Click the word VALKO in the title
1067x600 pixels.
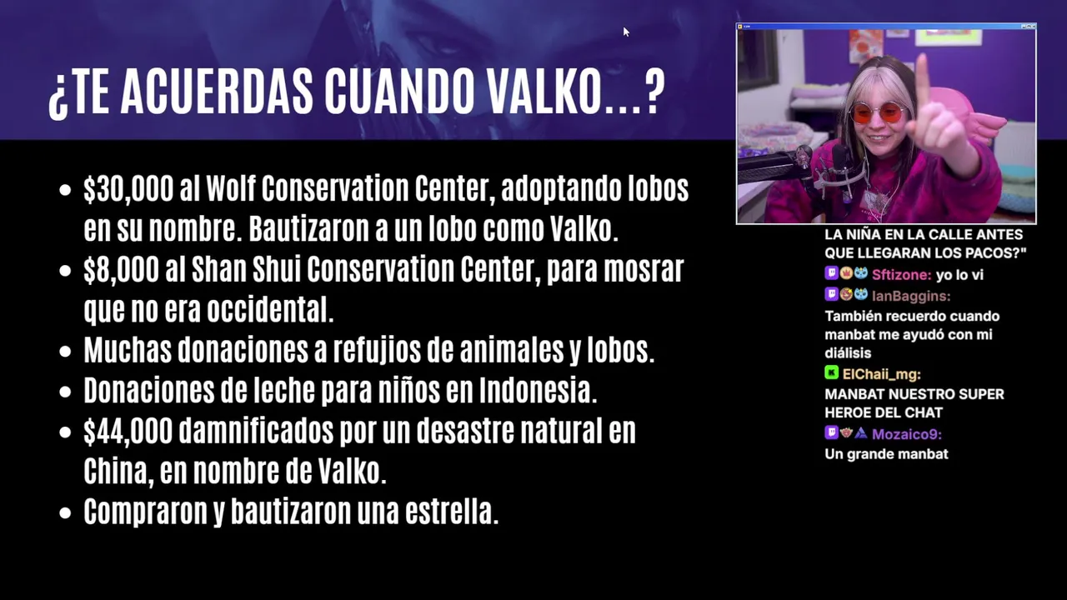point(544,92)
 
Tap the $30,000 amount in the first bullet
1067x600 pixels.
point(128,189)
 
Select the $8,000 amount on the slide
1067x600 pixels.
point(122,270)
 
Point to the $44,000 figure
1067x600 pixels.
point(128,432)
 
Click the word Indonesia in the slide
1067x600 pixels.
point(538,390)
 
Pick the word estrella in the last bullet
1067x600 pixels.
point(452,512)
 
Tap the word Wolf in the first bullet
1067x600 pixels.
point(231,188)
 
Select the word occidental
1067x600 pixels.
point(270,309)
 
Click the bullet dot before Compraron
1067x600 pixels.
point(65,512)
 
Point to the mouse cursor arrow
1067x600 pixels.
point(626,32)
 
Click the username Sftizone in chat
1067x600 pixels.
point(901,275)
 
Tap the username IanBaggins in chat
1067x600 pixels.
point(911,296)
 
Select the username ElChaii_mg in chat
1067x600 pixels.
point(881,375)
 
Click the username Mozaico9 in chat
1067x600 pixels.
point(906,434)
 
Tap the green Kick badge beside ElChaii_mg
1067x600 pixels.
point(831,372)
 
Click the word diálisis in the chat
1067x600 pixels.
point(848,353)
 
